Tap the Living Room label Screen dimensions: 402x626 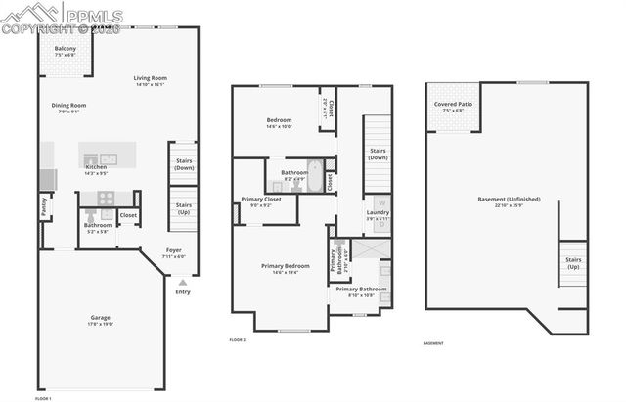(151, 78)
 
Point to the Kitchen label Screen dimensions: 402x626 (96, 167)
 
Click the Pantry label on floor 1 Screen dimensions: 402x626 (44, 206)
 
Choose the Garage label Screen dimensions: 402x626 (100, 318)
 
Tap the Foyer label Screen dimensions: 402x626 (174, 250)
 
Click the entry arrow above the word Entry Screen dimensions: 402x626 (182, 282)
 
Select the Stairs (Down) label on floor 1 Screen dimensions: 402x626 (182, 163)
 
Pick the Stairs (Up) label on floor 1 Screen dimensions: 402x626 (182, 208)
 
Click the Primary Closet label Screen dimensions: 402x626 (261, 200)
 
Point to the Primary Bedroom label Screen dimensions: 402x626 (286, 266)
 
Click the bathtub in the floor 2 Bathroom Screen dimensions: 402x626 (313, 167)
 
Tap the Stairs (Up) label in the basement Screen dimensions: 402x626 (573, 262)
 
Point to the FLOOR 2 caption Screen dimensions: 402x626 (237, 339)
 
